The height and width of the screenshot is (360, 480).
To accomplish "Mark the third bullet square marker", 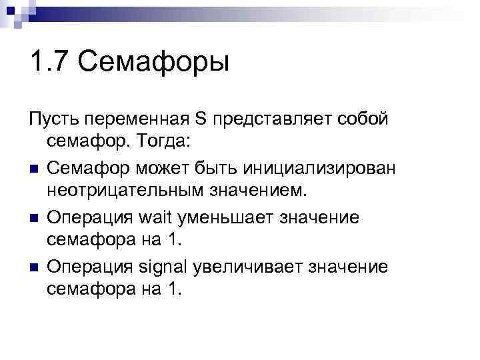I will (33, 267).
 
